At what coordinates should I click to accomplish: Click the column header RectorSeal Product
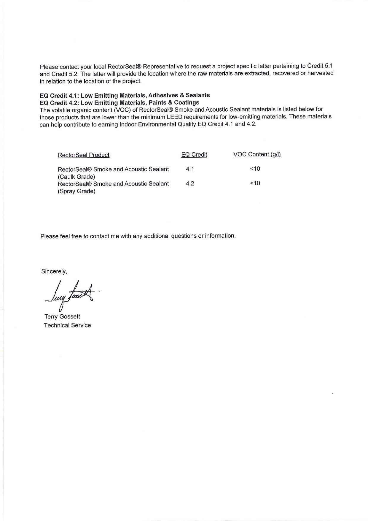[x=84, y=155]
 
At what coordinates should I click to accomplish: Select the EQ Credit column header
[x=194, y=155]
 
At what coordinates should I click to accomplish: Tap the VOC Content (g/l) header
[x=257, y=154]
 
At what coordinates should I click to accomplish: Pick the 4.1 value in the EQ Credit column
[x=190, y=169]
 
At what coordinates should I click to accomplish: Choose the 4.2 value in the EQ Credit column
[x=190, y=183]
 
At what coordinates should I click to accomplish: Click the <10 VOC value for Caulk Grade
[x=255, y=169]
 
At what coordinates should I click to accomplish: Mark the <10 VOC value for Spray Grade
[x=255, y=183]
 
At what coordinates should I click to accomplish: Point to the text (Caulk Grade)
[x=77, y=177]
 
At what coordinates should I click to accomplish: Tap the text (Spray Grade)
[x=77, y=191]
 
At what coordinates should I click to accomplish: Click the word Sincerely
[x=54, y=271]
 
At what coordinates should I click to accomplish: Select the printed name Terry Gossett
[x=62, y=316]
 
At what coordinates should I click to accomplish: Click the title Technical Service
[x=67, y=325]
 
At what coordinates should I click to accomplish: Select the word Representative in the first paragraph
[x=163, y=66]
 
